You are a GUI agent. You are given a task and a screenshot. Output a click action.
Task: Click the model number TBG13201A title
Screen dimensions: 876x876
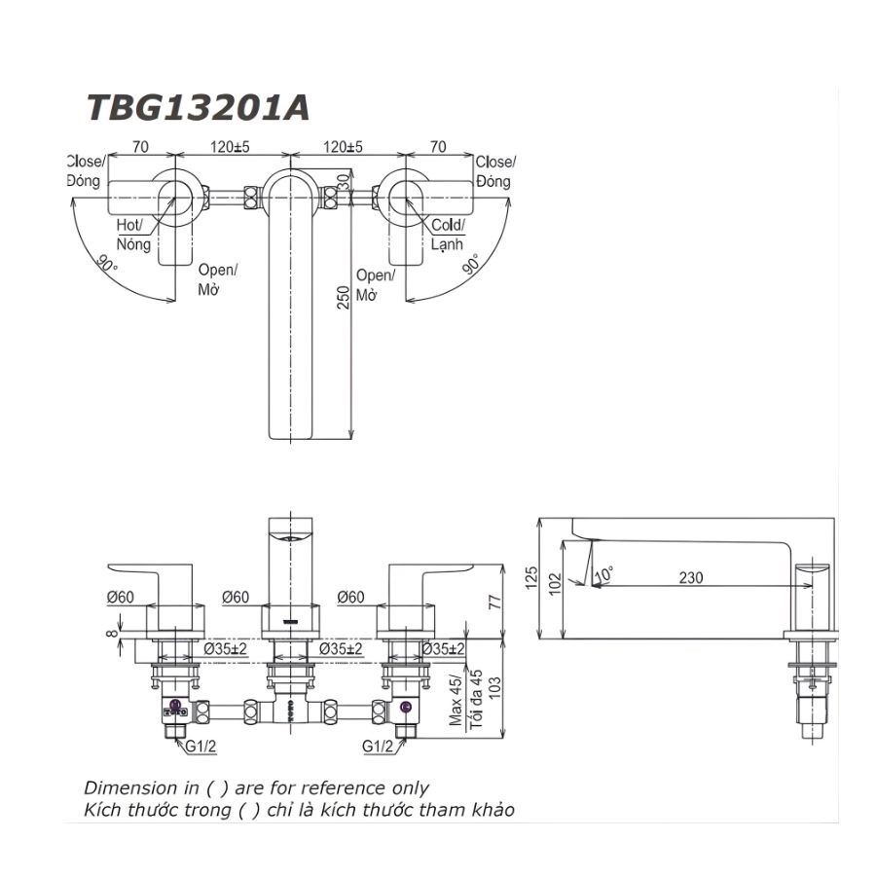click(x=198, y=106)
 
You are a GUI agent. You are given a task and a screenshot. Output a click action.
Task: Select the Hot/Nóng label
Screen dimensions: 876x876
click(x=133, y=235)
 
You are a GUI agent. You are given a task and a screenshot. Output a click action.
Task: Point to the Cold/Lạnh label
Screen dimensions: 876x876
click(x=448, y=235)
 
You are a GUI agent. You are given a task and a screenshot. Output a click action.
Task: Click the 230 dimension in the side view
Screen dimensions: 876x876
click(x=690, y=577)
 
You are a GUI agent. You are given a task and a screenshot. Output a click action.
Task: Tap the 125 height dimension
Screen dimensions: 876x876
click(x=530, y=578)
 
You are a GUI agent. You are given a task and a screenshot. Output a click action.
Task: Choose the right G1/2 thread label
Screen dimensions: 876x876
click(x=378, y=748)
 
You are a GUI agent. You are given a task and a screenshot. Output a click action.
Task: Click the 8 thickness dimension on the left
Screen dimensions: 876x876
click(x=114, y=633)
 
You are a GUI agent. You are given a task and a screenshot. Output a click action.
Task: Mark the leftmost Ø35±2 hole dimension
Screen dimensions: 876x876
click(x=226, y=648)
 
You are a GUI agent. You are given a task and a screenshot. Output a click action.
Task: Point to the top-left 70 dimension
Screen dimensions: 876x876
click(x=140, y=147)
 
